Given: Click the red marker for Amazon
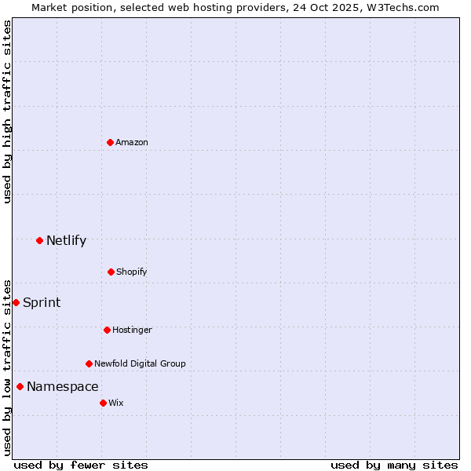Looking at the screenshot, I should (110, 142).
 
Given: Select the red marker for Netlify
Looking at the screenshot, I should (39, 240).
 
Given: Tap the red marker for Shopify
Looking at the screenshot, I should (111, 272).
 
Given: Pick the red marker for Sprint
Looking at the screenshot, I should (16, 302).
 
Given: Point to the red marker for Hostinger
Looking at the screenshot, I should (107, 330).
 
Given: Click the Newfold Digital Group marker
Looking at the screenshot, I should (89, 363).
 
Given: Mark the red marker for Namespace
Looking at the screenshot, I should (20, 386).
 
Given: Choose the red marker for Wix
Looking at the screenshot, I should (103, 403).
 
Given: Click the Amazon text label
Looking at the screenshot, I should (132, 142).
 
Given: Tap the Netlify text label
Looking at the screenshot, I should (66, 241).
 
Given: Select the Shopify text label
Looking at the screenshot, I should (132, 272).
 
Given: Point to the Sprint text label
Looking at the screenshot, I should (42, 303).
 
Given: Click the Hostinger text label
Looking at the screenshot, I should (132, 330).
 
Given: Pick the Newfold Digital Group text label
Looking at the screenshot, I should (140, 363).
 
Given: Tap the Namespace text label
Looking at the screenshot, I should (63, 387).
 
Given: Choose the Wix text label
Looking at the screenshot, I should (116, 403).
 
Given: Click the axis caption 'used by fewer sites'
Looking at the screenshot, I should (81, 465).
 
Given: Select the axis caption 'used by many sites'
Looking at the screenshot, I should (394, 465).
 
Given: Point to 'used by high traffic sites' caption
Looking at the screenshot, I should (7, 111).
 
